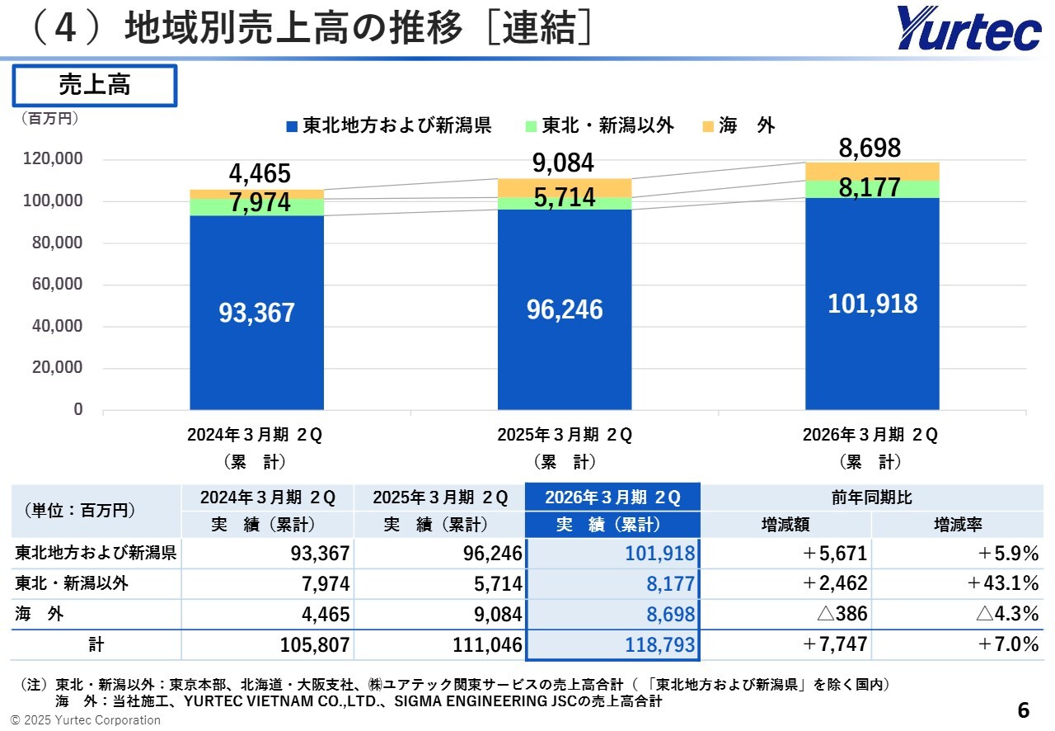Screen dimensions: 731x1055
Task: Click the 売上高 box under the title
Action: [x=94, y=86]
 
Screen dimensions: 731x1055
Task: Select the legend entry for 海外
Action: [x=738, y=126]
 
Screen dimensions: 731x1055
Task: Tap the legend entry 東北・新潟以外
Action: [x=600, y=126]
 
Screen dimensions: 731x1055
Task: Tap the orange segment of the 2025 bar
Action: [x=565, y=187]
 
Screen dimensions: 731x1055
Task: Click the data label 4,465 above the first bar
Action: [x=260, y=174]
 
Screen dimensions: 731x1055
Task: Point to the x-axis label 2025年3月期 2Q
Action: [x=565, y=435]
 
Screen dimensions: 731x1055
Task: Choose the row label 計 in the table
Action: [x=95, y=644]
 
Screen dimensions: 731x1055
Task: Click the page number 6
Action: [x=1023, y=710]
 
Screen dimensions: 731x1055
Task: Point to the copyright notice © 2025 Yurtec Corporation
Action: [x=86, y=719]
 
